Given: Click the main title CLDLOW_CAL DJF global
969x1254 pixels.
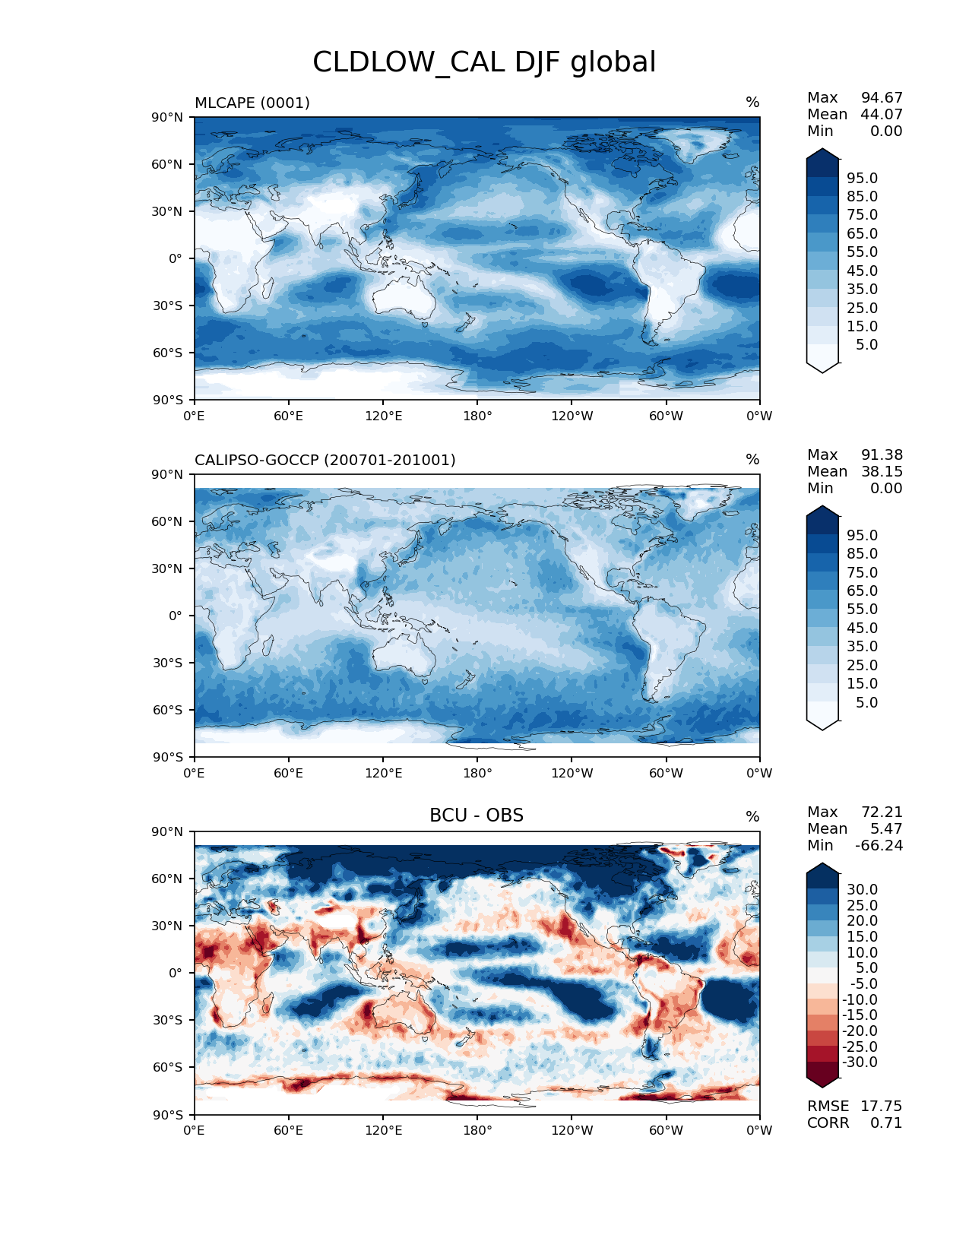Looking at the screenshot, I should (x=484, y=62).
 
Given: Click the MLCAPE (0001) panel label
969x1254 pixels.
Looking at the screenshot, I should (x=252, y=103).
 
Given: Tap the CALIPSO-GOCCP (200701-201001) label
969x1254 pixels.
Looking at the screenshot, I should (x=325, y=460).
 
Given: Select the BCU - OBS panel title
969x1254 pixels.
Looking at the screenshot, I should (x=477, y=815).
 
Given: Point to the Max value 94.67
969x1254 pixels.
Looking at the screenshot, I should (x=882, y=97).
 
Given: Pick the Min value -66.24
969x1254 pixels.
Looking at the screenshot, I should (x=879, y=845).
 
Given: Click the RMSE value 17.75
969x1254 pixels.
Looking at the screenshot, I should (x=881, y=1106).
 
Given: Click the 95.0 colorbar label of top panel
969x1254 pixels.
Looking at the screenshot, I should (x=862, y=178).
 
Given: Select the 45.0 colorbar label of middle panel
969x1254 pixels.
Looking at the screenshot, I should (x=862, y=628).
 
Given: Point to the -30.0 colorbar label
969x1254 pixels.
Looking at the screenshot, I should (x=860, y=1062).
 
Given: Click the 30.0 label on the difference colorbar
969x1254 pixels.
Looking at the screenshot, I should (x=862, y=889).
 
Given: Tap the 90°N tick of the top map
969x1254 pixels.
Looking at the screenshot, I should (x=169, y=117).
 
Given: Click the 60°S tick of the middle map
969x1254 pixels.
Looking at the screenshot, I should (x=169, y=710).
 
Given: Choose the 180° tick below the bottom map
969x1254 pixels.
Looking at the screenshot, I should (x=477, y=1130).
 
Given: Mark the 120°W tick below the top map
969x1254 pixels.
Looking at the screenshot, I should (x=572, y=416).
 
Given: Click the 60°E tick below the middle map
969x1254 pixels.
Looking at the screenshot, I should (x=289, y=773).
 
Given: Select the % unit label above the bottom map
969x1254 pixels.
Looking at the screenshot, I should (x=752, y=816).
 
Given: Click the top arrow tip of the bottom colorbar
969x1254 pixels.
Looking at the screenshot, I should (x=823, y=864).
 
